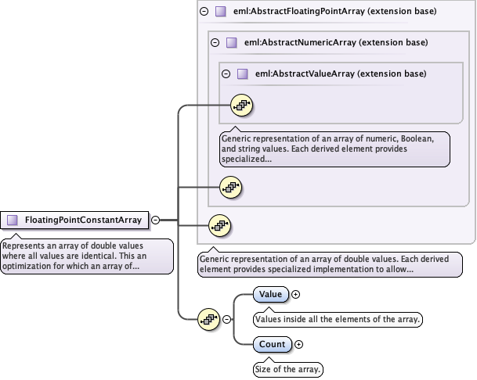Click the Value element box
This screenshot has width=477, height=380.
271,295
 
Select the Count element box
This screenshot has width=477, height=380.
273,344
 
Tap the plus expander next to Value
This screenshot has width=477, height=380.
296,295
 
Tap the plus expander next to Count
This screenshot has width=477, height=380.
298,344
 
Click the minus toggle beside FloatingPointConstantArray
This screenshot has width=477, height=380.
155,220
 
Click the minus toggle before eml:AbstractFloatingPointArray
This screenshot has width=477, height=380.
204,12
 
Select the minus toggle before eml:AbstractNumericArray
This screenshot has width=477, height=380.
215,42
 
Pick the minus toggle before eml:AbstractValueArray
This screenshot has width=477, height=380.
226,73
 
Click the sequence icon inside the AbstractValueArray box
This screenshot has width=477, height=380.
241,105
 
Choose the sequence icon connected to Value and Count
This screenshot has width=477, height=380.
208,318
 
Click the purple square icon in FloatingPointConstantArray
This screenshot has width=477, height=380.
13,220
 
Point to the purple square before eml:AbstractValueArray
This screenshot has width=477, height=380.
242,73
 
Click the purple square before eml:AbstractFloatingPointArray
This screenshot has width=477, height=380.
220,12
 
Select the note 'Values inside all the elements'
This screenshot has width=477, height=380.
338,319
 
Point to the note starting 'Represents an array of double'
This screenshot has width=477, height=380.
86,256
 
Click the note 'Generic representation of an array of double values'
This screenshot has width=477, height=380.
328,263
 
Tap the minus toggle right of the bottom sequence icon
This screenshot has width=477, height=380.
227,318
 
